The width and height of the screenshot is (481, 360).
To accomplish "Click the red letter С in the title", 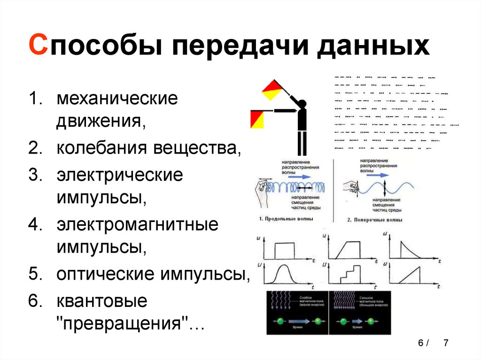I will pos(38,48).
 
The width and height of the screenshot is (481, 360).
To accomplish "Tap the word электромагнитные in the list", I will pos(138,224).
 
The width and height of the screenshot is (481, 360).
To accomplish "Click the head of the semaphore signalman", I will pos(301,104).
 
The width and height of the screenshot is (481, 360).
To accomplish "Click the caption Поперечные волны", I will pos(374,219).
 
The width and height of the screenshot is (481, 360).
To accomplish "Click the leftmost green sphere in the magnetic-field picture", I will pos(279,322).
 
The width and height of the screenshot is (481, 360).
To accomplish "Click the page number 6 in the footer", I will pos(420,343).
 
